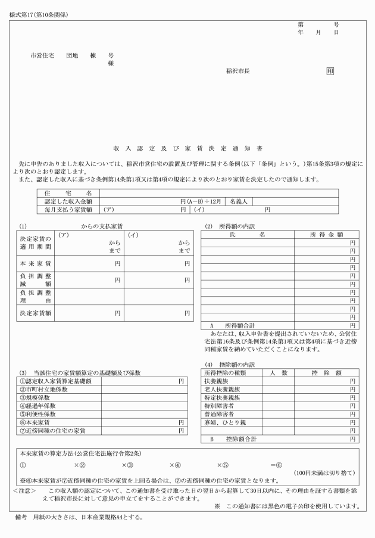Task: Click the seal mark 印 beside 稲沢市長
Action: click(330, 70)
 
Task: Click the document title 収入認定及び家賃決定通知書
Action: click(187, 147)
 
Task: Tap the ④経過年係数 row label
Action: click(42, 406)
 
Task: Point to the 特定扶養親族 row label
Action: click(223, 397)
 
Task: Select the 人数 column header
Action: click(274, 373)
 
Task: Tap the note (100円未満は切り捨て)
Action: click(325, 473)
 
